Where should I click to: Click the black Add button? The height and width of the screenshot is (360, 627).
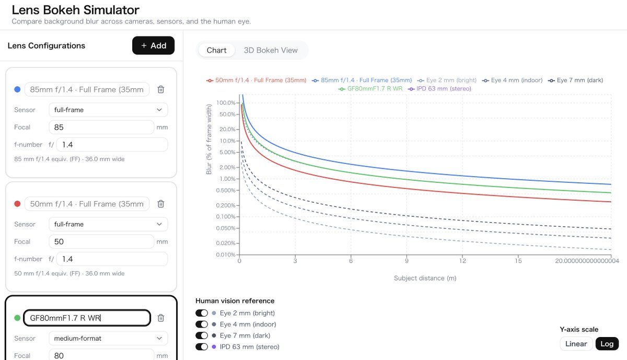point(153,45)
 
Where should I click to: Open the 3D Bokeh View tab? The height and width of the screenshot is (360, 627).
point(271,50)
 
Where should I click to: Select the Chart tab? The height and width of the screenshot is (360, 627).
point(216,50)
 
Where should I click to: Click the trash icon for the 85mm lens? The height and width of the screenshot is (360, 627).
point(161,89)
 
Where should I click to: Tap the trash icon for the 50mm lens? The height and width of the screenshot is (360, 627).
point(161,204)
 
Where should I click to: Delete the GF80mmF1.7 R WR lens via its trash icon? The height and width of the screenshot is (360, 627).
point(161,318)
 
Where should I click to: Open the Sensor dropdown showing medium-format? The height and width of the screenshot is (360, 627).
point(108,338)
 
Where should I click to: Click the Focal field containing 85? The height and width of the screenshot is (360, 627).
point(101,127)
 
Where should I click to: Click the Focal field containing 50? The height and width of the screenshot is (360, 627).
point(101,241)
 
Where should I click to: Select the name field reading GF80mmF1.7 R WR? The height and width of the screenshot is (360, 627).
point(87,318)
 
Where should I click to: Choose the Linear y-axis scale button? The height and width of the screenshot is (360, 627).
point(576,343)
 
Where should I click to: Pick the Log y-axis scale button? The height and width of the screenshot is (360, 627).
point(607,343)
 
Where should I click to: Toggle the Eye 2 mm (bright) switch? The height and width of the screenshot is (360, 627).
point(202,312)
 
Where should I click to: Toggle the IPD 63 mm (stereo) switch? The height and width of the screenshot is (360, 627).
point(202,346)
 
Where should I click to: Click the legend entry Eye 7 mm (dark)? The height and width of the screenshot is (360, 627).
point(575,80)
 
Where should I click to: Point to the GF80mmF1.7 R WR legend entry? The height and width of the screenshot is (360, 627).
point(370,88)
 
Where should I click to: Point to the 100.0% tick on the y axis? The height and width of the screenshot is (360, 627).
point(226,103)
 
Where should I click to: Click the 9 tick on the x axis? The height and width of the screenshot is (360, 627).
point(407,261)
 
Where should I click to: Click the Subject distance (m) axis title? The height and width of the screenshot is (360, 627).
point(425,278)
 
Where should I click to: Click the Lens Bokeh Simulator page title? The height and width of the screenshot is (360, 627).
point(76,10)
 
